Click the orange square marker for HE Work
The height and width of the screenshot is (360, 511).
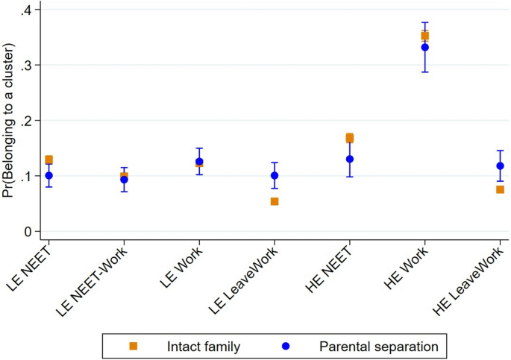tap(424, 36)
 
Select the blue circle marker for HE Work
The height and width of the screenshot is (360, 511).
tap(424, 47)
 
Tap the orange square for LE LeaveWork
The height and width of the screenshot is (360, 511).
tap(275, 201)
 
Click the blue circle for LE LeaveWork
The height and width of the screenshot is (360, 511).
tap(275, 176)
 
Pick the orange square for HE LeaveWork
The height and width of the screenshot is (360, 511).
tap(500, 190)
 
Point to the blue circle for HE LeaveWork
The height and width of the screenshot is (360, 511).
tap(500, 165)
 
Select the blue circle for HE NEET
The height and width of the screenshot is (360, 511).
tap(349, 159)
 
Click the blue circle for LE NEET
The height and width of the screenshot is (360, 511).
tap(49, 176)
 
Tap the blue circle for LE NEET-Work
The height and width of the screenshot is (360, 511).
tap(124, 180)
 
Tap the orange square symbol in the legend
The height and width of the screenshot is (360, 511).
tap(134, 346)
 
